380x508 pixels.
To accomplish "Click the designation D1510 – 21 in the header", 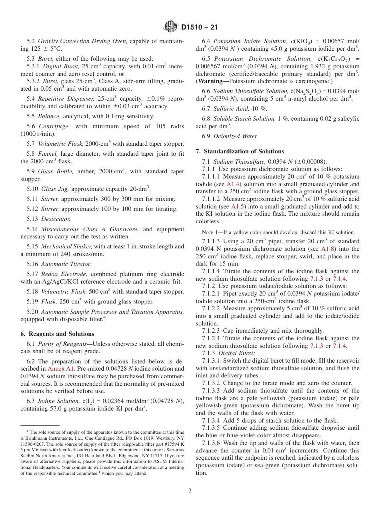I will pyautogui.click(x=200, y=28).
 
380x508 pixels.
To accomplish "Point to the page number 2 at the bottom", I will pyautogui.click(x=190, y=491).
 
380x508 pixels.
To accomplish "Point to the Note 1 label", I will pyautogui.click(x=211, y=232).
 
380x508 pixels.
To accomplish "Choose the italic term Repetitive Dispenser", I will pyautogui.click(x=64, y=99).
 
